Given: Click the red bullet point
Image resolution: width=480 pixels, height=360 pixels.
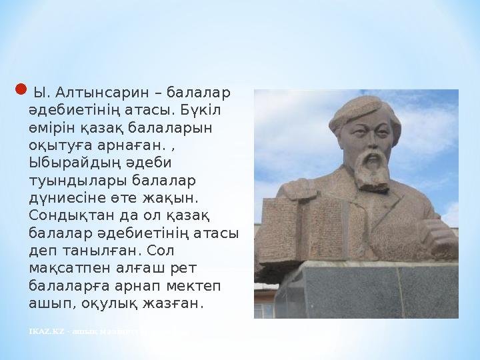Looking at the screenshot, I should pos(20,89).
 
